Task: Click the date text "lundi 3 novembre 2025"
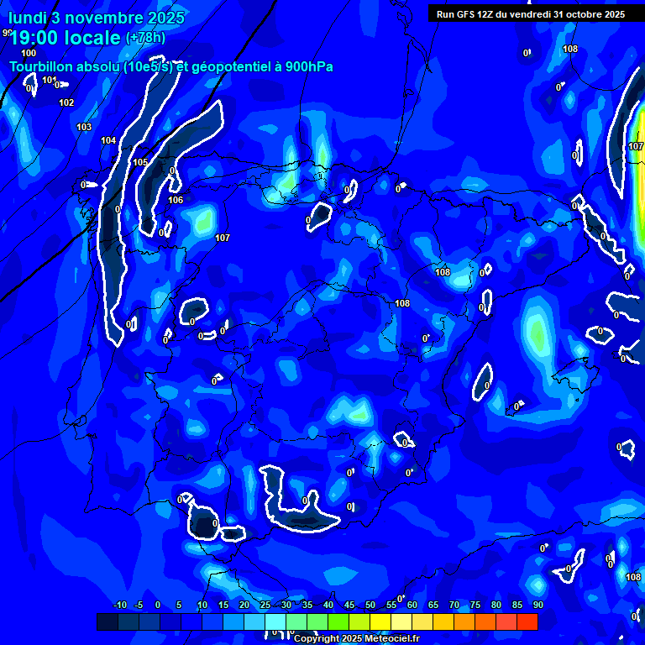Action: [97, 18]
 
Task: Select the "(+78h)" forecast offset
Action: [145, 37]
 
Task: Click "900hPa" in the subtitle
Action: [309, 67]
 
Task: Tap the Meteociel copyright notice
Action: [355, 639]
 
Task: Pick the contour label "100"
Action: [29, 53]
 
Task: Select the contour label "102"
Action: [66, 102]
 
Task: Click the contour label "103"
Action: [84, 127]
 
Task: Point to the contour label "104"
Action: [108, 140]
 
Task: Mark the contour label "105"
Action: [140, 162]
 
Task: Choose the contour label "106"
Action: [176, 200]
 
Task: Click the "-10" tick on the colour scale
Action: [119, 605]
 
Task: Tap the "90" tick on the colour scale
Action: [537, 605]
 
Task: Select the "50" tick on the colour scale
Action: [370, 605]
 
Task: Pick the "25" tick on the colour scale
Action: [265, 605]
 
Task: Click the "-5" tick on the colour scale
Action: [139, 605]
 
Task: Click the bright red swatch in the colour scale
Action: [527, 621]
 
